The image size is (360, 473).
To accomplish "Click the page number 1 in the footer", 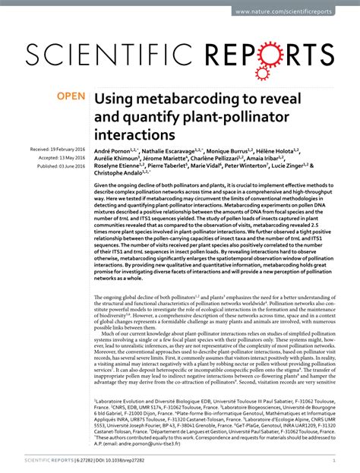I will pos(334,459).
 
